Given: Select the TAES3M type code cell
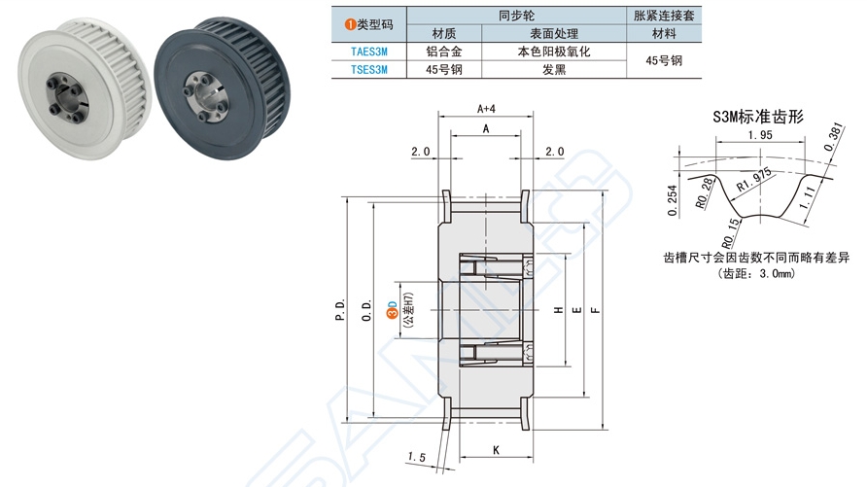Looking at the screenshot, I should (368, 52).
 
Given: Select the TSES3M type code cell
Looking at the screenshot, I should (368, 70).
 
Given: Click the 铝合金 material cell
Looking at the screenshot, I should (442, 52).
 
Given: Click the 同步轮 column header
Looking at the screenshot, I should (515, 15).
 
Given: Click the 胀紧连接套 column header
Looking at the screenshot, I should (664, 15).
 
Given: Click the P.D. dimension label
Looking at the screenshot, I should (340, 310).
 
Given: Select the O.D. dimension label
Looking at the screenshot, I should (366, 310).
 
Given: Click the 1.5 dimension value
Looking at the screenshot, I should (417, 457).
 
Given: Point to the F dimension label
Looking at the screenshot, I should (595, 310).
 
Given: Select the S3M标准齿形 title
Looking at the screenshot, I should (757, 117).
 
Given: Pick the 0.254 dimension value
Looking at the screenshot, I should (673, 199).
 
